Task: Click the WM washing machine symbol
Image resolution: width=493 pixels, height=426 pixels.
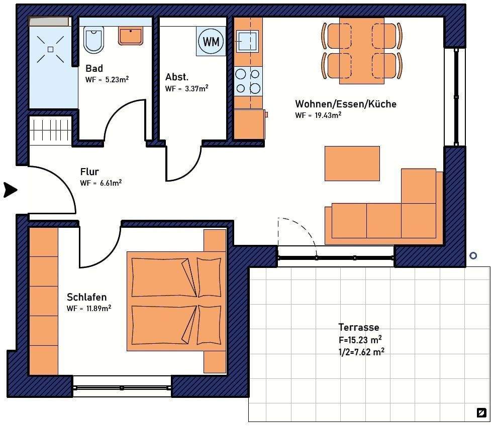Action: point(211,41)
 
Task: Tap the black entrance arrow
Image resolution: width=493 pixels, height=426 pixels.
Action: point(11,190)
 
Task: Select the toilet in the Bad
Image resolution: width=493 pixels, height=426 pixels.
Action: point(93,40)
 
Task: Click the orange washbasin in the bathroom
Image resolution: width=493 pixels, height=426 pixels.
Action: point(131,36)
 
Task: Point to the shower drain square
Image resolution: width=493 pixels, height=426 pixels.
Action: point(50,49)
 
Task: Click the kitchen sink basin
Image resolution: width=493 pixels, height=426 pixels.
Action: point(247,41)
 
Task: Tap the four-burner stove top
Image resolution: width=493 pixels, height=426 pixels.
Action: point(248,81)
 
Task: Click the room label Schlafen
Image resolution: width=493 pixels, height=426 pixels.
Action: point(87,297)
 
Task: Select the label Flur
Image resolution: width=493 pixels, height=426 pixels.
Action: point(89,172)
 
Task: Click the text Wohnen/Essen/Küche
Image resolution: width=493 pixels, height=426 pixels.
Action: point(346,104)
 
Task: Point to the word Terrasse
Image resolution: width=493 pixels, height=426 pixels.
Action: point(359,327)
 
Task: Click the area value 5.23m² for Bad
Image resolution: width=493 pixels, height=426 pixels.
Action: point(117,79)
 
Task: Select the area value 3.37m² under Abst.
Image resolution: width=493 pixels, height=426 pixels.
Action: point(196,88)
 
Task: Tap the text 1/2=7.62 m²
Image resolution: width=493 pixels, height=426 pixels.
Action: point(361,352)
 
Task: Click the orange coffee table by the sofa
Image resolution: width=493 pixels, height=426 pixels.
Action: point(352,164)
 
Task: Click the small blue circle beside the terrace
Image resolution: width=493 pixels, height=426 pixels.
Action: point(473,256)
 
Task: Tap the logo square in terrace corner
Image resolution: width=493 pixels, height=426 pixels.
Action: point(481,412)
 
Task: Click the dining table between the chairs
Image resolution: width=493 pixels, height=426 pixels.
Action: point(361,51)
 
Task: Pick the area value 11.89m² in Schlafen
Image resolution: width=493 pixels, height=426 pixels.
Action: point(98,308)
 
